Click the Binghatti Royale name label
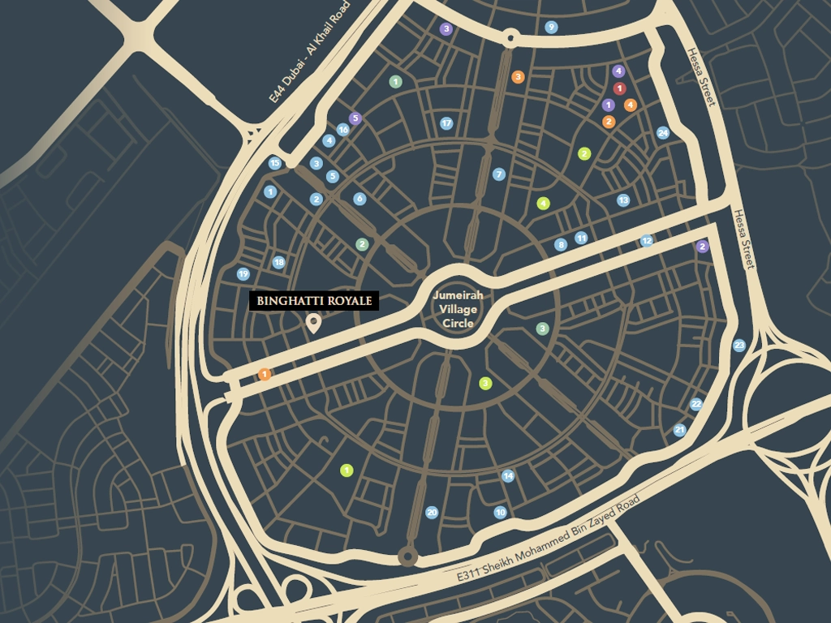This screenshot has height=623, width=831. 314,301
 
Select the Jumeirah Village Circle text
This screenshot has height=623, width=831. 458,309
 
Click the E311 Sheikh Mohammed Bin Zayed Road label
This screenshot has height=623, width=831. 548,538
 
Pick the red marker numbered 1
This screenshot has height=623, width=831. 620,88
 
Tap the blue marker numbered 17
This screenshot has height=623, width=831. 446,123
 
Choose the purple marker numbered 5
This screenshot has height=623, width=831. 355,118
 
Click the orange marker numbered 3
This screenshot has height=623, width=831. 518,77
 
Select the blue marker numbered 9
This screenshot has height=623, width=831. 552,27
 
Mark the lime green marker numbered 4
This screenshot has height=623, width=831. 543,204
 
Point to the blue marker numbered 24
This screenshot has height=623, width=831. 663,132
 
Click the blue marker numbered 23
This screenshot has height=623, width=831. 738,346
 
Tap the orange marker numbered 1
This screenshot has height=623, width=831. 265,374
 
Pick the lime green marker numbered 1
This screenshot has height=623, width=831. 347,470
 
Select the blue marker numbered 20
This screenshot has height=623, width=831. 432,512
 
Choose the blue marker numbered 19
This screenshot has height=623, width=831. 243,274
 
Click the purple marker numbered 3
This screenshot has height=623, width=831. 446,29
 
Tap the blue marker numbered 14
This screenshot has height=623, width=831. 508,476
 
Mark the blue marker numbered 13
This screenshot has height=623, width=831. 623,200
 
